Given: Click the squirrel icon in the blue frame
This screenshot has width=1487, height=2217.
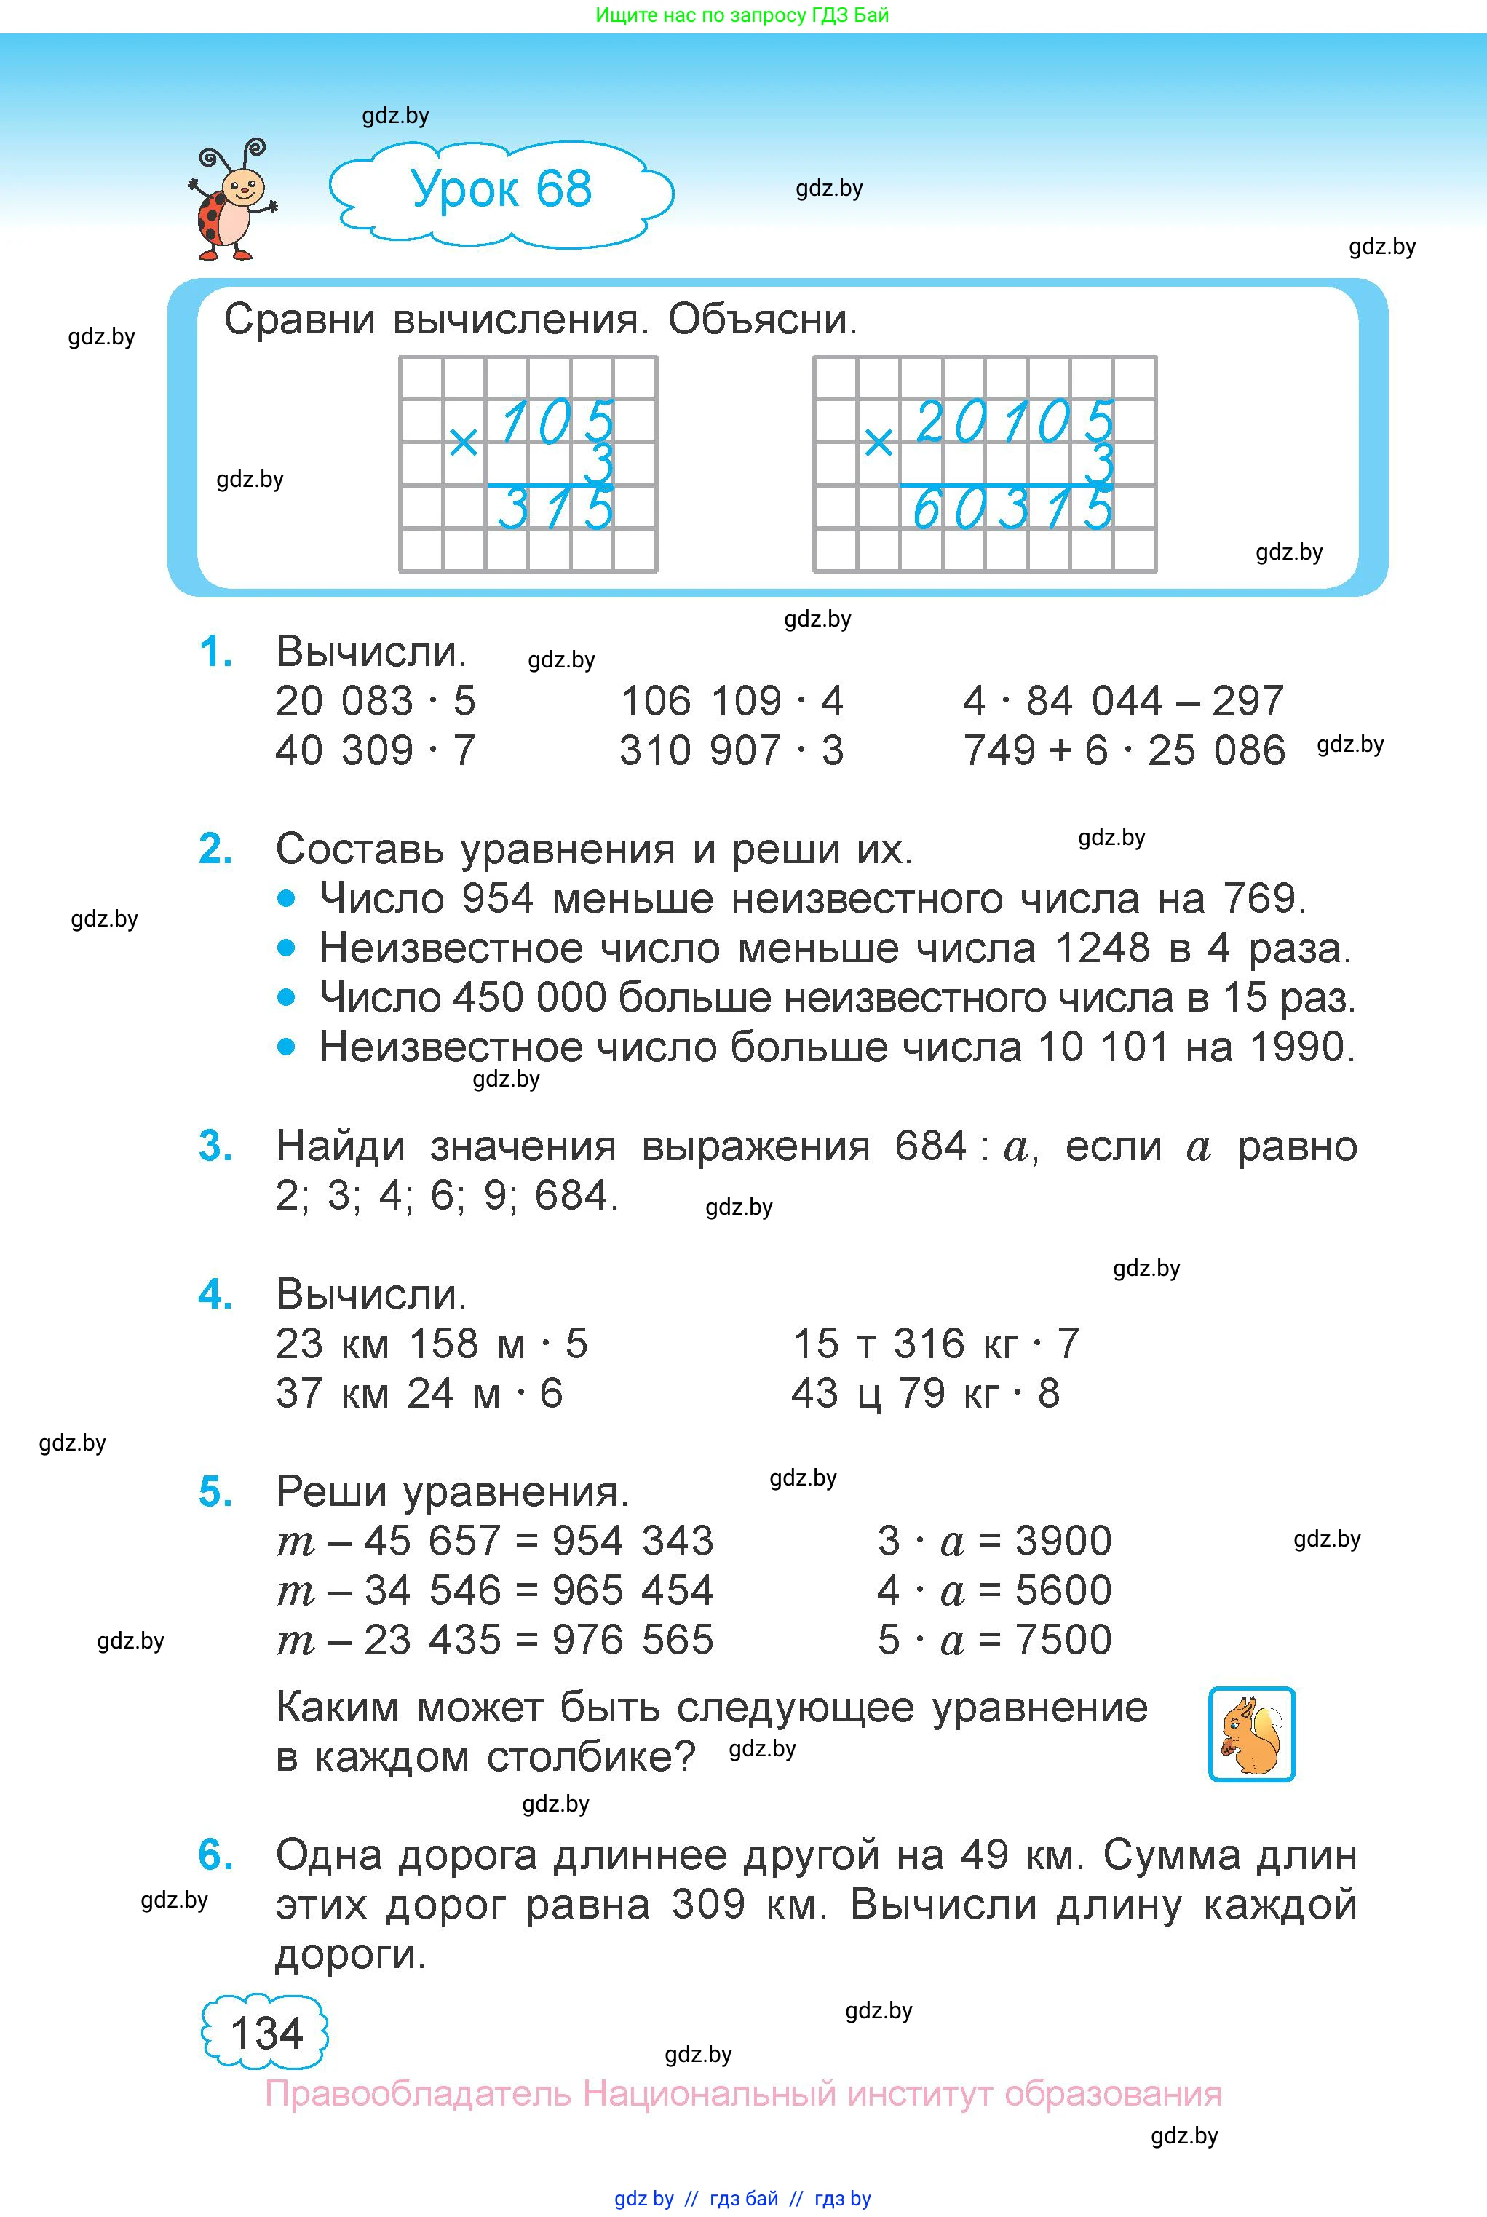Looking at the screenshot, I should tap(1251, 1734).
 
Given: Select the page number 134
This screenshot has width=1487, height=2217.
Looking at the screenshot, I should tap(266, 2033).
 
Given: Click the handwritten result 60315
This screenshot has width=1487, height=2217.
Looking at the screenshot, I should tap(1011, 509).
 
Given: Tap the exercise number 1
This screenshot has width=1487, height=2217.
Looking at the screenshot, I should tap(215, 652).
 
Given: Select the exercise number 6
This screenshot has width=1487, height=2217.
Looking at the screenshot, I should tap(215, 1855).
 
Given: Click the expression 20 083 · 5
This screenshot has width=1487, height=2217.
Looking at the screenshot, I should tap(376, 702).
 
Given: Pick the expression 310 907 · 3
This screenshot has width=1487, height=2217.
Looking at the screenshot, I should tap(731, 751).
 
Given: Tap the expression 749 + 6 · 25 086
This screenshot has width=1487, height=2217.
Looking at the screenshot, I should tap(1124, 751).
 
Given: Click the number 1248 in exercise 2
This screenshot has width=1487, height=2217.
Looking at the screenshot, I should tap(1102, 948).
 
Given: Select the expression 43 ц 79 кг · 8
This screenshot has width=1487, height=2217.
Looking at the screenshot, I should tap(926, 1394).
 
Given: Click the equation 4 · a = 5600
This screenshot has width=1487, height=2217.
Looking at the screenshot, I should tap(994, 1590).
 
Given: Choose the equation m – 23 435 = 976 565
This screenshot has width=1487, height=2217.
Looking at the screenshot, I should tap(494, 1640).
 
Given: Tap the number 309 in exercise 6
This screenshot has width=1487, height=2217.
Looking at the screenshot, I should tap(708, 1904).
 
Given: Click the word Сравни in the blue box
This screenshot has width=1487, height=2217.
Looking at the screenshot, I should tap(300, 320).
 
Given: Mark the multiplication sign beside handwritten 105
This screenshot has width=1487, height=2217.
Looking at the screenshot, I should tap(463, 442).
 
